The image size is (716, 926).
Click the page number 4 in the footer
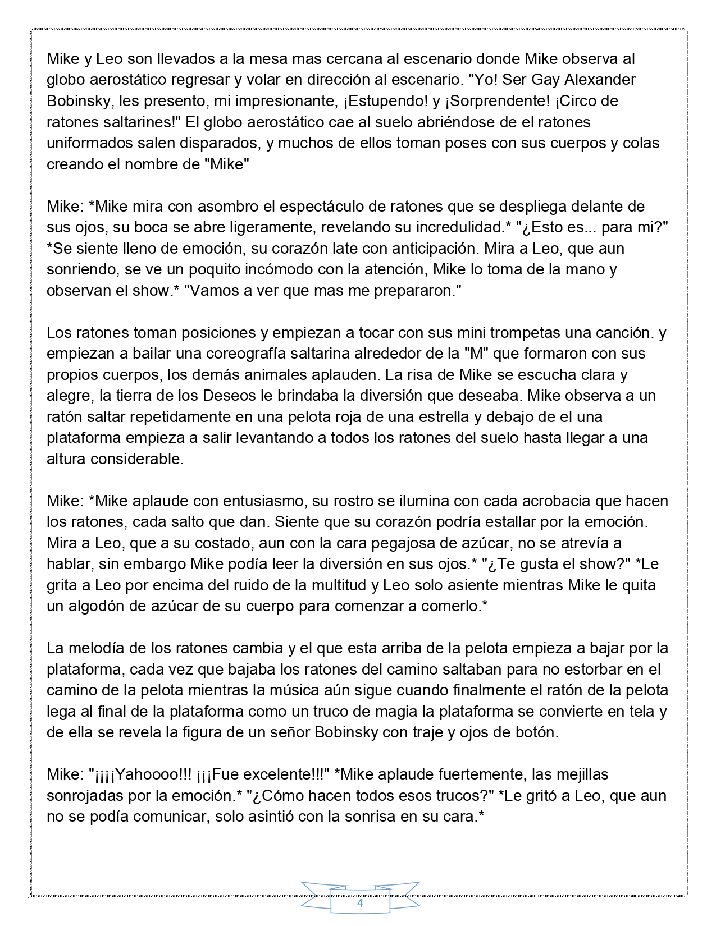pos(360,903)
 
